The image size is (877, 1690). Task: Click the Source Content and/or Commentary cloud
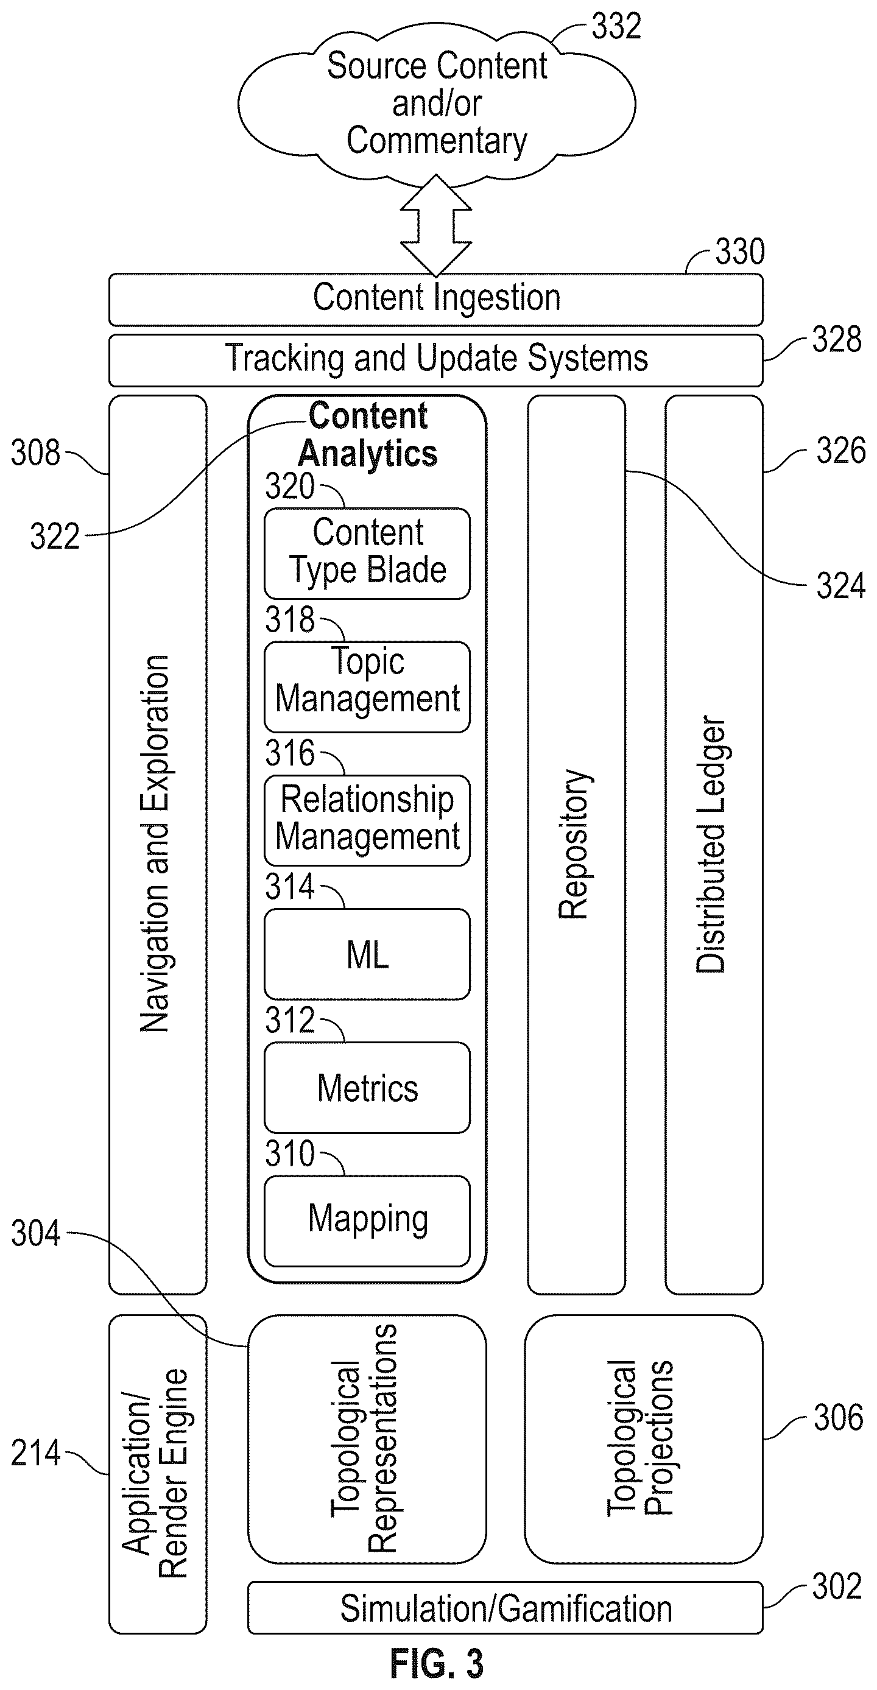coord(436,104)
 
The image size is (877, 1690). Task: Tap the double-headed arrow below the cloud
coord(435,225)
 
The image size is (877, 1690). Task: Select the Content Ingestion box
coord(435,299)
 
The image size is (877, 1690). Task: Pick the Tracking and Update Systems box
coord(435,360)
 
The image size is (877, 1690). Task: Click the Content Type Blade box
coord(367,553)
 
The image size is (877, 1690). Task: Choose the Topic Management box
coord(367,687)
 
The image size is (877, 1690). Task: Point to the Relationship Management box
coord(367,820)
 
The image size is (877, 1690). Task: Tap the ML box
coord(367,954)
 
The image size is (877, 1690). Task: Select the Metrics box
coord(367,1088)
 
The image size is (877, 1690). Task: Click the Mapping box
coord(367,1221)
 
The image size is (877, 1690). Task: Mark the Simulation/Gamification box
coord(505,1608)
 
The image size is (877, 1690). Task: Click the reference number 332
coord(616,27)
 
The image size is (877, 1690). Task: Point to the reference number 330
coord(740,252)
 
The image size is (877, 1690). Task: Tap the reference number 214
coord(35,1453)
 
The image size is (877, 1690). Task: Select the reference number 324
coord(841,586)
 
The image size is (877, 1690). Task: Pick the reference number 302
coord(837,1586)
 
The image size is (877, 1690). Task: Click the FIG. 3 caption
coord(437,1664)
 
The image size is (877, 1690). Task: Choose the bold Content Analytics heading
coord(368,435)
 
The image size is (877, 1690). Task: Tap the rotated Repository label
coord(573,843)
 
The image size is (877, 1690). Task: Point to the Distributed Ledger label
coord(711,844)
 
